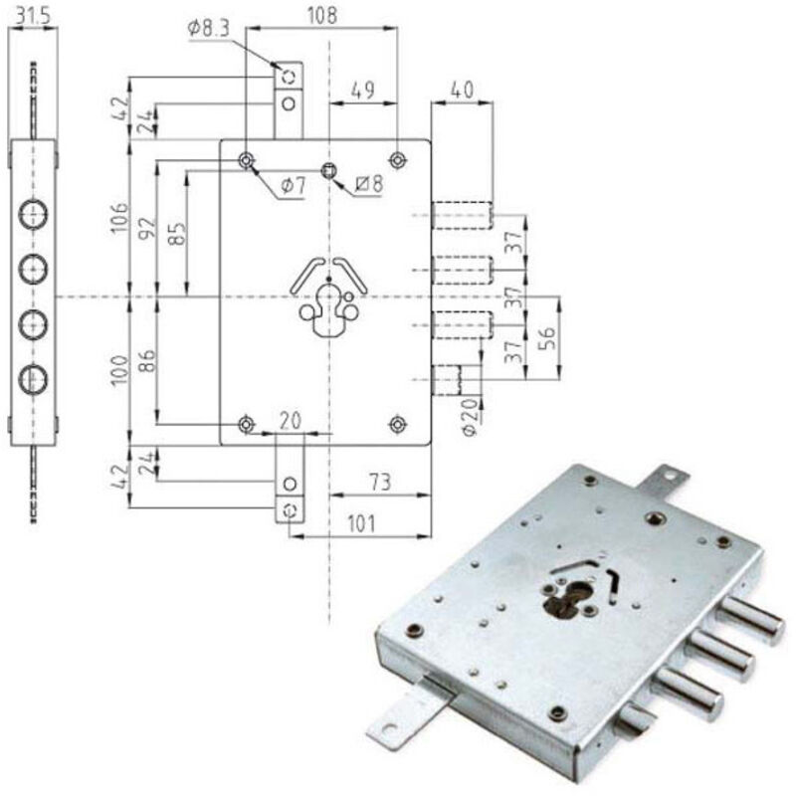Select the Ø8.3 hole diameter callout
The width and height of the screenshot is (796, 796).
click(x=209, y=30)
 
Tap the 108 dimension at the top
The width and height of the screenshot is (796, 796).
click(x=320, y=15)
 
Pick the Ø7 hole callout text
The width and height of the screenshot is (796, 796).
click(x=292, y=184)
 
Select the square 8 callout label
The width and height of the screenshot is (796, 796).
click(x=369, y=183)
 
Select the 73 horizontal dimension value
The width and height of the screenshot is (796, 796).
click(x=380, y=482)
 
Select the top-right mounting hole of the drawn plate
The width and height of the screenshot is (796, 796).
click(x=397, y=160)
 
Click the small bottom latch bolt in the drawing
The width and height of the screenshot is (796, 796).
click(x=447, y=381)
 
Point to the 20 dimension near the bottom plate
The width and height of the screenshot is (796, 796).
click(x=290, y=421)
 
